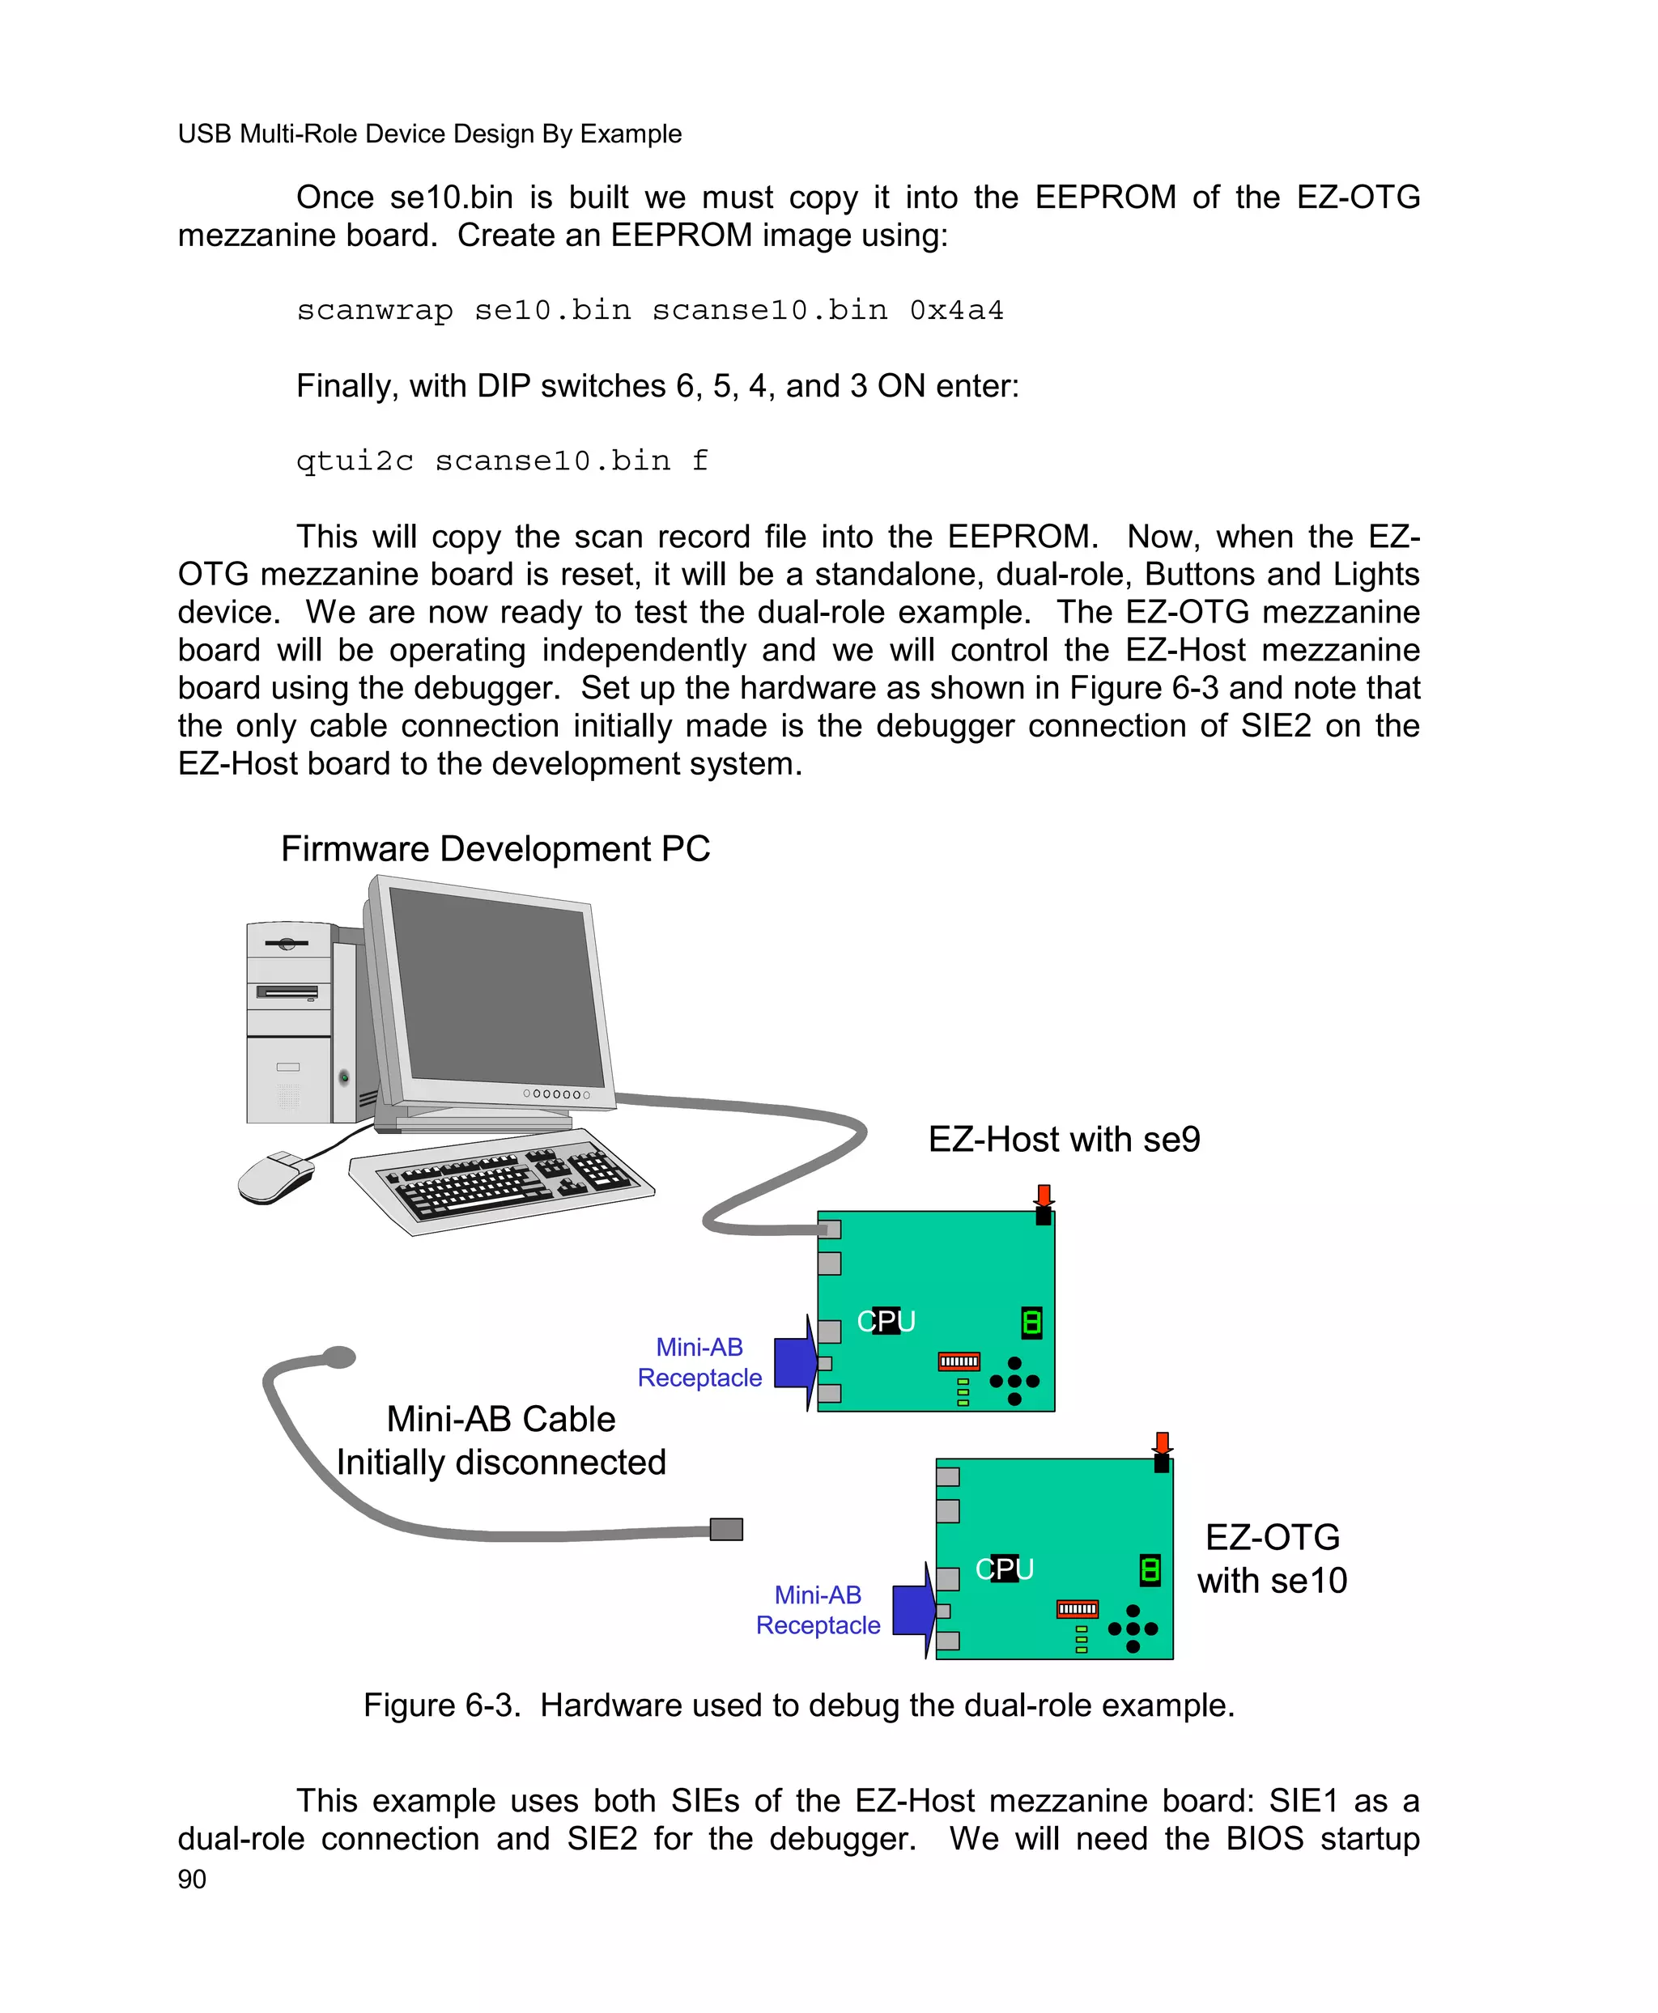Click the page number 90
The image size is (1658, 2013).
191,1879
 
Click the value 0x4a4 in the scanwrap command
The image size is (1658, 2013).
955,310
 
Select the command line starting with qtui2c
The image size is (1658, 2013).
501,461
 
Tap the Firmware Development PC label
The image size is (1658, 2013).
495,849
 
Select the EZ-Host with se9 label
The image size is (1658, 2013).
1063,1139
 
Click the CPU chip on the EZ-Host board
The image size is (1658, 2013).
886,1321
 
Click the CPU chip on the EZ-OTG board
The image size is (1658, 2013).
1004,1569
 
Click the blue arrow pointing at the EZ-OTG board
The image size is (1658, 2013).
914,1611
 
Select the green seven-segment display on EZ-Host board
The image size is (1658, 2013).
1031,1322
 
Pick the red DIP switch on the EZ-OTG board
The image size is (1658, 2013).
1078,1609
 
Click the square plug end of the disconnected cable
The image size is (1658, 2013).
726,1529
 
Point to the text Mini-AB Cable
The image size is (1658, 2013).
500,1419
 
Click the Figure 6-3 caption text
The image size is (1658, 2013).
798,1705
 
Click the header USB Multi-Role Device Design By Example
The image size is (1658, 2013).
429,134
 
